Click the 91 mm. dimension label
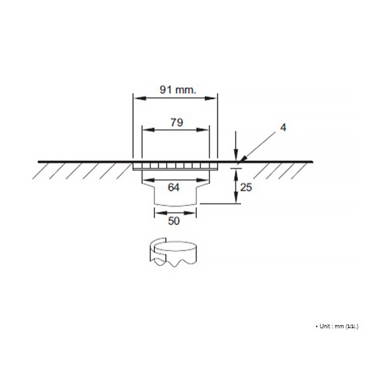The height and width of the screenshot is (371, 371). point(178,89)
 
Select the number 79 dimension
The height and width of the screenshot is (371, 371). point(176,122)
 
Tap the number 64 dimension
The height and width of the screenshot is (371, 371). point(174,188)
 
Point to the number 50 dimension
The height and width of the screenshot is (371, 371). point(174,221)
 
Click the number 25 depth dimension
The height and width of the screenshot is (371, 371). point(246,188)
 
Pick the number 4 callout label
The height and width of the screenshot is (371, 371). point(283,128)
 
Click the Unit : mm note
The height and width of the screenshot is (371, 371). point(337,326)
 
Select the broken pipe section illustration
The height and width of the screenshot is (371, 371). point(172,253)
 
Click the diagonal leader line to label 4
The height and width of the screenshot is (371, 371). point(259,145)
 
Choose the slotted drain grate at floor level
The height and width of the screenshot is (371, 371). point(175,166)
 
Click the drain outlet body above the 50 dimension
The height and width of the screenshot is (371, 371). point(175,197)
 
